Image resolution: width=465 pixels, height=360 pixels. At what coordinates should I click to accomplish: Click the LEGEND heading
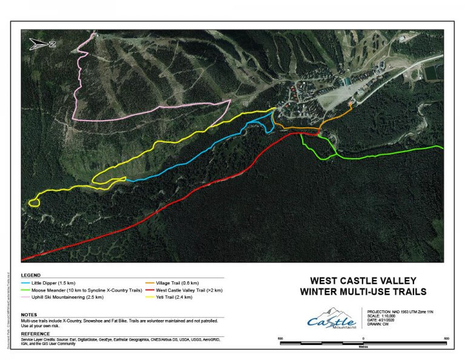pyautogui.click(x=31, y=275)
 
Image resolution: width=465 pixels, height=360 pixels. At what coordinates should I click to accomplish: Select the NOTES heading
pyautogui.click(x=30, y=315)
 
